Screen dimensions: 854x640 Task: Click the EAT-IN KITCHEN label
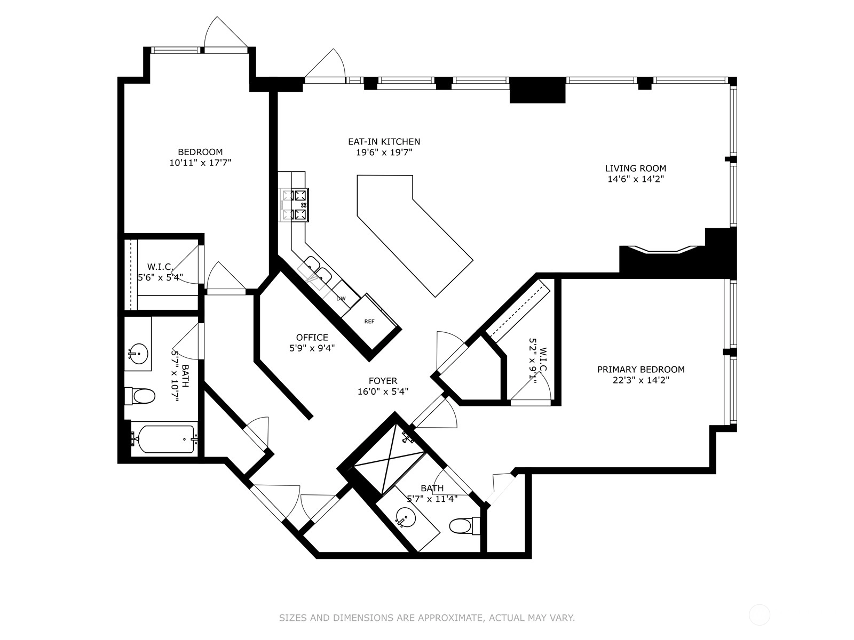coord(384,141)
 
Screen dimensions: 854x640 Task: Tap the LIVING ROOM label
coord(635,168)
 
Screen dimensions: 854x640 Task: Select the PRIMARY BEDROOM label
coord(641,369)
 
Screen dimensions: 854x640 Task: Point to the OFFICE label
coord(312,337)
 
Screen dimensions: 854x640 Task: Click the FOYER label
coord(383,381)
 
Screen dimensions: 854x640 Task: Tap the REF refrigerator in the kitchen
coord(369,322)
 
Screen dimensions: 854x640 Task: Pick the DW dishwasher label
coord(341,299)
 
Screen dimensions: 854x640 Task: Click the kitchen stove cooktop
coord(294,205)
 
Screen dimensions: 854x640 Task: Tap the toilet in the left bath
coord(140,396)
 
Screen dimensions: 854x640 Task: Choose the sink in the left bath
coord(138,354)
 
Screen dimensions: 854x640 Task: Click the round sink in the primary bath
coord(406,517)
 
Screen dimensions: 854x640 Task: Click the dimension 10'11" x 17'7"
coord(200,163)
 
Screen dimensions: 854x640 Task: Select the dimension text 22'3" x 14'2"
coord(641,380)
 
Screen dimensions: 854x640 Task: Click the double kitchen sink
coord(315,271)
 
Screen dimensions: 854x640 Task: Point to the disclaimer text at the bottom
coord(427,617)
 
